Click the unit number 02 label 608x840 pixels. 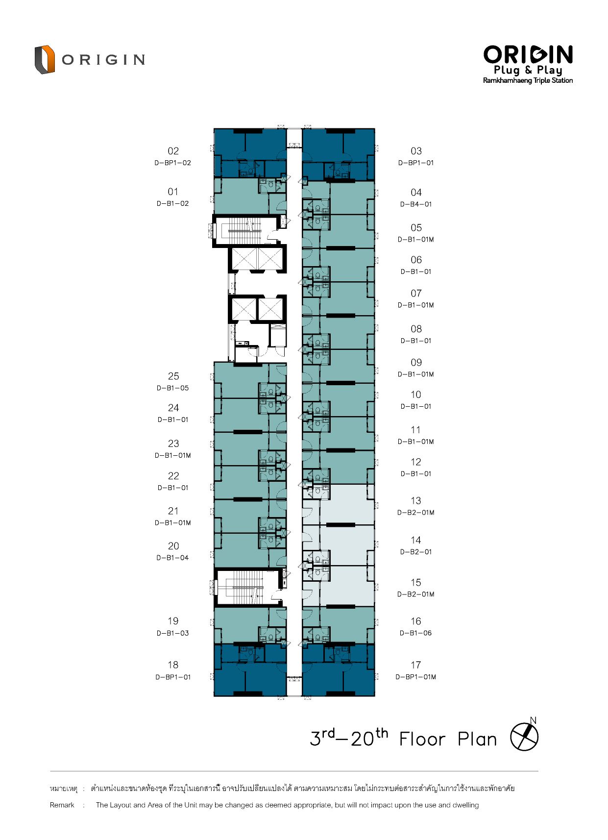173,151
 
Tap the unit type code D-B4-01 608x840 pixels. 416,204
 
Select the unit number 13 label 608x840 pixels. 416,501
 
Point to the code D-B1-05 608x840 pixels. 172,388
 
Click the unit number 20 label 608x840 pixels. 173,546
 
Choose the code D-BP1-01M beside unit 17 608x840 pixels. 415,677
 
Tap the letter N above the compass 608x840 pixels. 533,720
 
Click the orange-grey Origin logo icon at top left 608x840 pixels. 44,59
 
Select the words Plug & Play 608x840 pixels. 528,70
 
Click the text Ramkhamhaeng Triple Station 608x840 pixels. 528,80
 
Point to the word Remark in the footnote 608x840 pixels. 62,805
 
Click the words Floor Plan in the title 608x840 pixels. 448,739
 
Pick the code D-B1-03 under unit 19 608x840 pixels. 172,633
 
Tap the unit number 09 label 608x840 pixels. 416,363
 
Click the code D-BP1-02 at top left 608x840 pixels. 172,163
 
